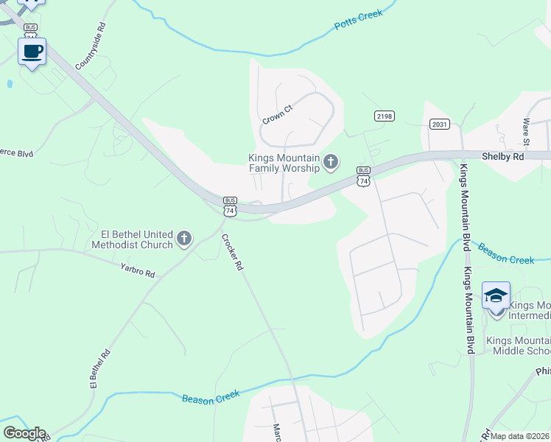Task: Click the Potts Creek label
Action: click(359, 20)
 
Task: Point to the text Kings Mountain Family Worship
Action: click(284, 163)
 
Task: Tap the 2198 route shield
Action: click(384, 116)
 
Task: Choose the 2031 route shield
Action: click(440, 124)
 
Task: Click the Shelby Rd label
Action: click(502, 156)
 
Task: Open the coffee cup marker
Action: click(32, 52)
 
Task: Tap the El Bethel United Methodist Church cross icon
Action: click(184, 239)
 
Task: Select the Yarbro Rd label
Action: click(138, 270)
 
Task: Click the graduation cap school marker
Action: click(496, 296)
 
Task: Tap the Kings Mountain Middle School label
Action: click(518, 346)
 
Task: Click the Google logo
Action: click(24, 433)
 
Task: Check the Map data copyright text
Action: click(519, 436)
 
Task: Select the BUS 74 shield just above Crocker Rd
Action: click(231, 206)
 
